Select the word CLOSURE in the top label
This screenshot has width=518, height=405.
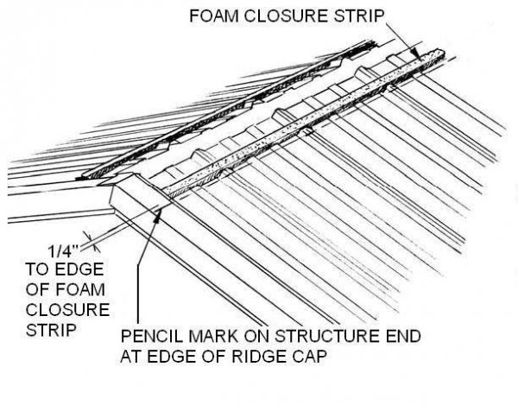click(x=291, y=14)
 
